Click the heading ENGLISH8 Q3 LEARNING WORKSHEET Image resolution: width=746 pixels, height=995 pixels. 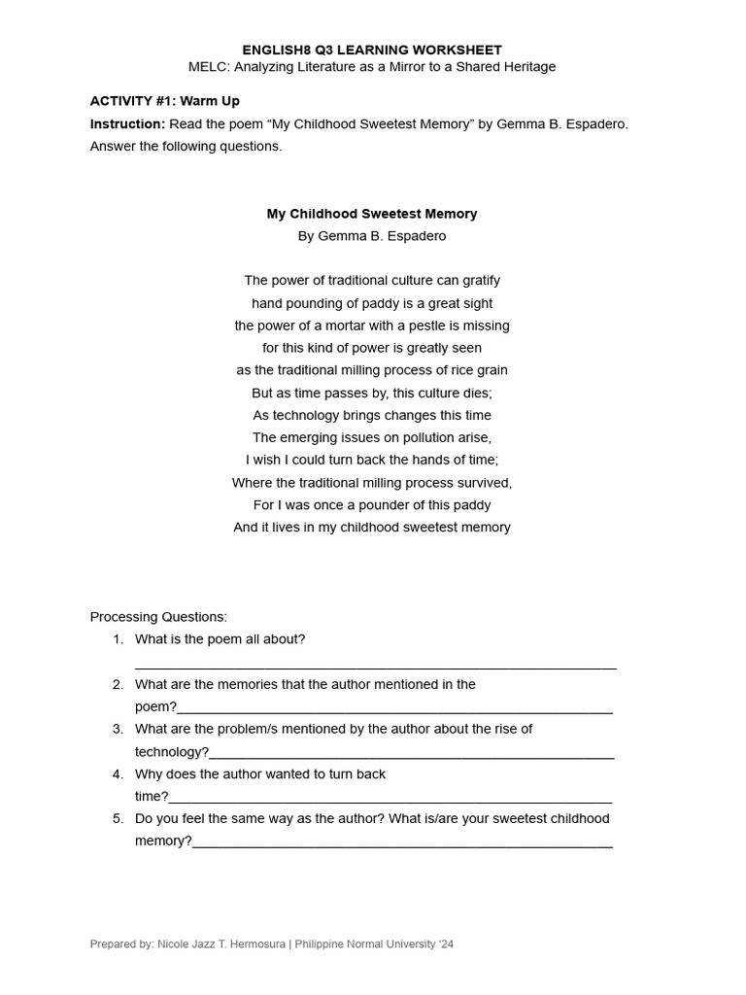[x=372, y=50]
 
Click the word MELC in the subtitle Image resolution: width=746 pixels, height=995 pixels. [x=207, y=67]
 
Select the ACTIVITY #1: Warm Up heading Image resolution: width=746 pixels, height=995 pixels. [x=164, y=101]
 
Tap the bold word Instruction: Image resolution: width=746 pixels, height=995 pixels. [x=127, y=124]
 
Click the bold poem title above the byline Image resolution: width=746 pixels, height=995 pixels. [x=372, y=214]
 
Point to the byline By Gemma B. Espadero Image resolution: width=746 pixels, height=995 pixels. [x=372, y=236]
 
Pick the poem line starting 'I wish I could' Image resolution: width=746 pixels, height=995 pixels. [x=372, y=460]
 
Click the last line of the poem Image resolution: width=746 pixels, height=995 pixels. [x=372, y=528]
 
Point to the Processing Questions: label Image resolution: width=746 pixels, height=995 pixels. [x=158, y=617]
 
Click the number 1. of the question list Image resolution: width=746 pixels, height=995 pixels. [x=118, y=639]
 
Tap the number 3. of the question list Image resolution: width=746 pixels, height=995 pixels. [x=118, y=729]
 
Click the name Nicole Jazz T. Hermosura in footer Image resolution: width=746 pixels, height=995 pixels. [x=221, y=944]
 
